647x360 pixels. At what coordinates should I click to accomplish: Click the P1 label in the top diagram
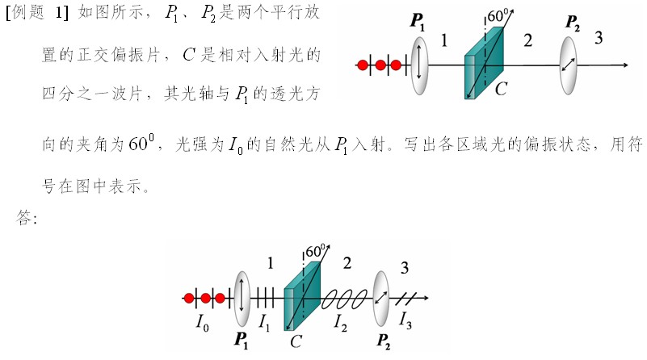[x=417, y=22]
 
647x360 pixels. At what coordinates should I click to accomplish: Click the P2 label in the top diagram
[x=573, y=23]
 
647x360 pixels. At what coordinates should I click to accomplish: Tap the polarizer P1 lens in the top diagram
[x=419, y=65]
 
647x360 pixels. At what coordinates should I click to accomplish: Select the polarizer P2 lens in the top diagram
[x=568, y=65]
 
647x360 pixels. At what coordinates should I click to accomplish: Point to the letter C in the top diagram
[x=501, y=89]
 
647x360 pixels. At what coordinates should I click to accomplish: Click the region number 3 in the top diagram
[x=599, y=38]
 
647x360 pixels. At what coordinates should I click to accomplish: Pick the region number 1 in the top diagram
[x=444, y=40]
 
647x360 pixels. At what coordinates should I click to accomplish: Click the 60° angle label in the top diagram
[x=498, y=15]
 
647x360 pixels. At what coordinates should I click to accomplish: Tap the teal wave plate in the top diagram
[x=484, y=63]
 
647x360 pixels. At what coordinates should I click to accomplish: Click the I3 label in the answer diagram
[x=405, y=320]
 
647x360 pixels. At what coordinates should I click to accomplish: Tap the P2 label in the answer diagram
[x=384, y=341]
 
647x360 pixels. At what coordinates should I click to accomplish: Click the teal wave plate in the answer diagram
[x=302, y=296]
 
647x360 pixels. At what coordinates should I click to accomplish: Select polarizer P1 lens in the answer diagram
[x=242, y=298]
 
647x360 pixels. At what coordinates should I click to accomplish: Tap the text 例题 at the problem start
[x=28, y=12]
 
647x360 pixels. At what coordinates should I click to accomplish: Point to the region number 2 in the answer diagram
[x=347, y=263]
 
